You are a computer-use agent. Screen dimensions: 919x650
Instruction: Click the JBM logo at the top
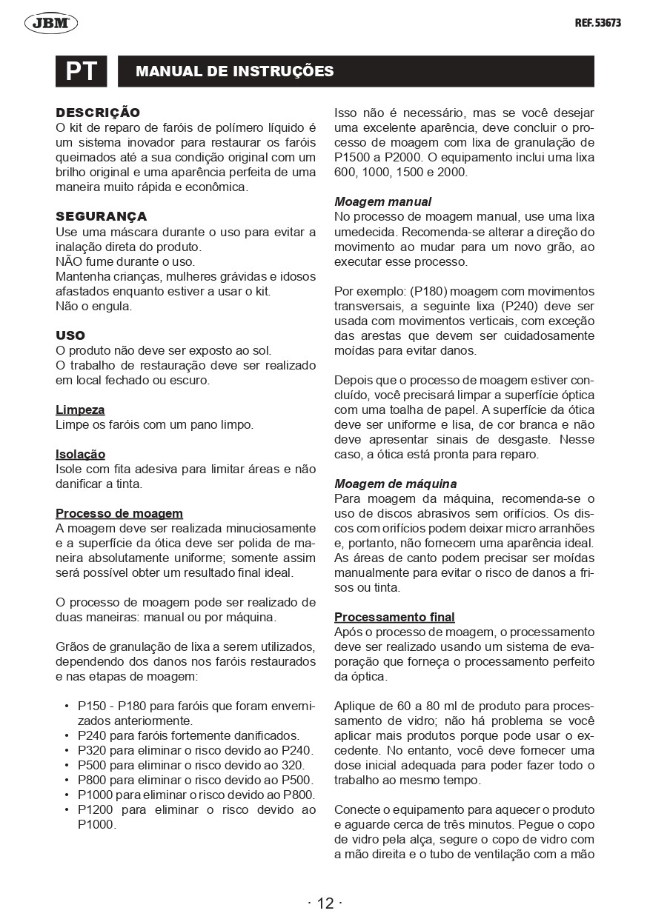[x=51, y=24]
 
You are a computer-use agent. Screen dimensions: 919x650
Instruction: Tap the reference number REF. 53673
[x=597, y=23]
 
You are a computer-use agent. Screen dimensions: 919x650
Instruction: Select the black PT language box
[x=82, y=71]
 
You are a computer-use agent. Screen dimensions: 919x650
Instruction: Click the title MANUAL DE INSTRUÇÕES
[x=235, y=72]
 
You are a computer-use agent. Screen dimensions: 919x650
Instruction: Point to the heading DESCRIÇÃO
[x=98, y=113]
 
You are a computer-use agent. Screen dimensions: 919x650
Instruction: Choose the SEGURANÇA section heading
[x=102, y=216]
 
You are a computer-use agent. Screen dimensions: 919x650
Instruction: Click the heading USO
[x=70, y=335]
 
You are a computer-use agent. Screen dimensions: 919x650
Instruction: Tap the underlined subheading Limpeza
[x=80, y=410]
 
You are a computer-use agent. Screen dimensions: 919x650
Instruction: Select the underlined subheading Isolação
[x=81, y=454]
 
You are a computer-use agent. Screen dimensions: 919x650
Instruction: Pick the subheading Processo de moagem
[x=119, y=513]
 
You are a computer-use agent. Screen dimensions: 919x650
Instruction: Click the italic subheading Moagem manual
[x=382, y=201]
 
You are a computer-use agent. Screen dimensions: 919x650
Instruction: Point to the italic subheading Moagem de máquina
[x=395, y=484]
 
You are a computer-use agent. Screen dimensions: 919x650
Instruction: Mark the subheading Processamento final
[x=394, y=617]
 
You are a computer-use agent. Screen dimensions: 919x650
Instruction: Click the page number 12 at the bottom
[x=325, y=903]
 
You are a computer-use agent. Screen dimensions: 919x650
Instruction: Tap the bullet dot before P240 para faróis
[x=67, y=735]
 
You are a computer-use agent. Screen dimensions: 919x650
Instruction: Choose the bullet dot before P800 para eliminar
[x=67, y=780]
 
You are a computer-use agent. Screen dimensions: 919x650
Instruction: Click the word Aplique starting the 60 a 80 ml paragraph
[x=355, y=706]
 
